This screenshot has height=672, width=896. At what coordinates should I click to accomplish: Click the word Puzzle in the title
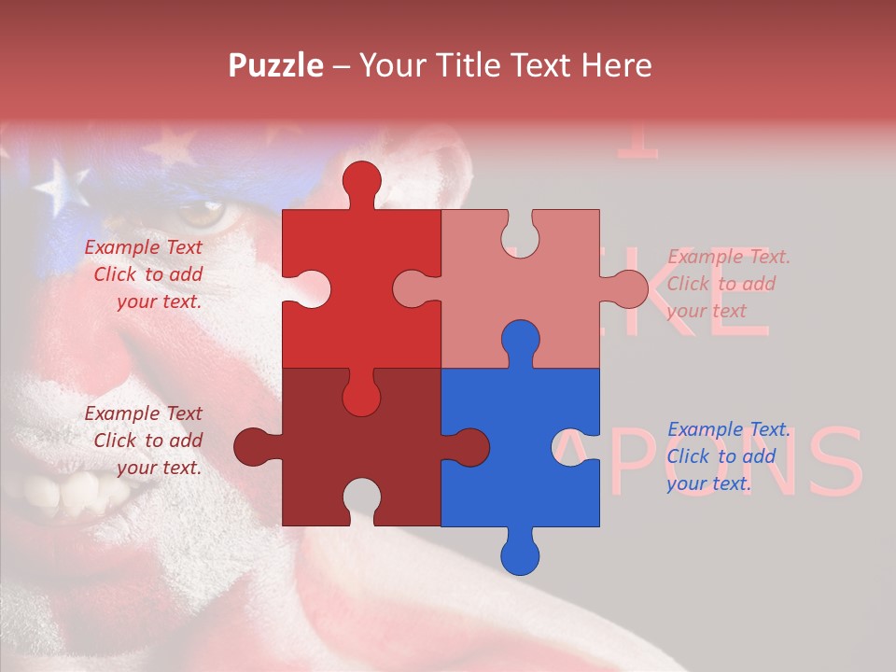[x=277, y=65]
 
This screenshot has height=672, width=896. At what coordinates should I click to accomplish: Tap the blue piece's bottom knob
[x=520, y=555]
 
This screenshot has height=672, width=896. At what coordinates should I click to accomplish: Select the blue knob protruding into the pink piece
[x=520, y=340]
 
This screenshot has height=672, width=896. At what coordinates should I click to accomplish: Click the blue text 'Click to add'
[x=721, y=456]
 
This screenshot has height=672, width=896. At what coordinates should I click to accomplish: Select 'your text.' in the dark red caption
[x=159, y=468]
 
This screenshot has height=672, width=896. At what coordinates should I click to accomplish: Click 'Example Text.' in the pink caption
[x=729, y=257]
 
